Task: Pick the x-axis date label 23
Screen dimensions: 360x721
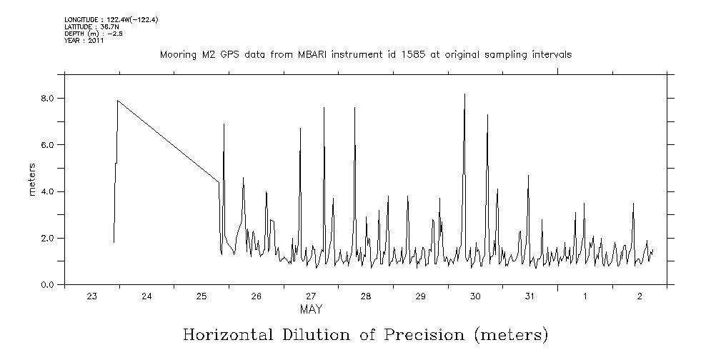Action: [91, 296]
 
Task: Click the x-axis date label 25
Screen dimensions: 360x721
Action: [202, 296]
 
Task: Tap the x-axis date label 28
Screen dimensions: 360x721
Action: [365, 296]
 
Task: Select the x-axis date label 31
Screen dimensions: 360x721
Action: [529, 296]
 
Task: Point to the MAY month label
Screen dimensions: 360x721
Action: [311, 310]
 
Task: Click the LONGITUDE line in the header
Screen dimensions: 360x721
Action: [111, 19]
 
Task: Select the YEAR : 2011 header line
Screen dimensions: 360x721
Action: [84, 41]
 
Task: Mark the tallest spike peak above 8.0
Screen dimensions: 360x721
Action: [464, 94]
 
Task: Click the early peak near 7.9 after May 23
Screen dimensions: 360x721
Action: [118, 101]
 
